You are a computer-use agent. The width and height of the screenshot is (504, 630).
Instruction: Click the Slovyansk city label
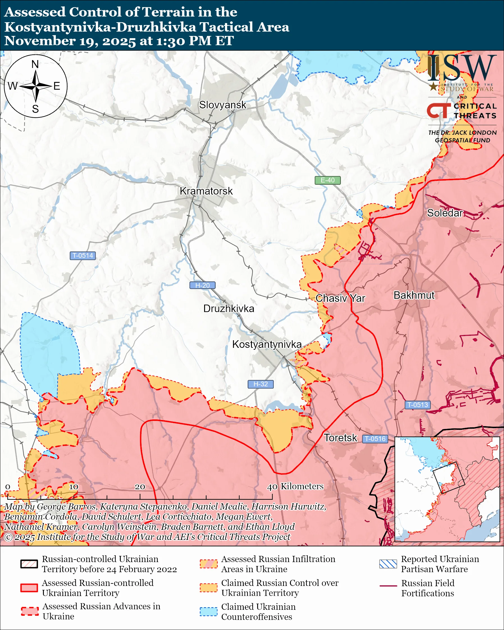[223, 105]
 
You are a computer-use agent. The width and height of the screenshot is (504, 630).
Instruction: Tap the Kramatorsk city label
[206, 191]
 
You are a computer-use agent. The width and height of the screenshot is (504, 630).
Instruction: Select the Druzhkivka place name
[229, 309]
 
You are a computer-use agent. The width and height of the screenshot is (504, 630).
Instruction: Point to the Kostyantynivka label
[267, 344]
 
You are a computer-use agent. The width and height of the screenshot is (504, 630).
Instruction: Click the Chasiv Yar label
[340, 298]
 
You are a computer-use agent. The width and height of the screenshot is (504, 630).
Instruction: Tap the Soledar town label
[445, 213]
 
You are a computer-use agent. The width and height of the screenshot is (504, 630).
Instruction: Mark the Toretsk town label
[340, 438]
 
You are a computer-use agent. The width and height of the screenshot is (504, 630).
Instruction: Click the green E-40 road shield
[327, 180]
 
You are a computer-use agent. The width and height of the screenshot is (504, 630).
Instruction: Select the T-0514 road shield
[83, 255]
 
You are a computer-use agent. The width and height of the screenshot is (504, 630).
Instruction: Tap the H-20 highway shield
[202, 285]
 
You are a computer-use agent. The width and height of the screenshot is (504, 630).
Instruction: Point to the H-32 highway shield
[260, 384]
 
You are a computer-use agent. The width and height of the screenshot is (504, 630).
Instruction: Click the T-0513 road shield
[417, 405]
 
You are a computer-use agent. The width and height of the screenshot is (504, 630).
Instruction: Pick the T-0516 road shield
[375, 439]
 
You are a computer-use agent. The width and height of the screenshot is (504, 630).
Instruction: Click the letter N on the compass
[35, 64]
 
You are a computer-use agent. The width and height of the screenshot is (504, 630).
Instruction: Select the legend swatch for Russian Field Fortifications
[388, 586]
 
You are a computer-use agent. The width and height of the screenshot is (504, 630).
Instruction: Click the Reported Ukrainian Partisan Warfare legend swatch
[388, 564]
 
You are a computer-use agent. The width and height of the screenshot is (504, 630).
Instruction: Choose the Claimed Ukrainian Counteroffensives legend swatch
[208, 611]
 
